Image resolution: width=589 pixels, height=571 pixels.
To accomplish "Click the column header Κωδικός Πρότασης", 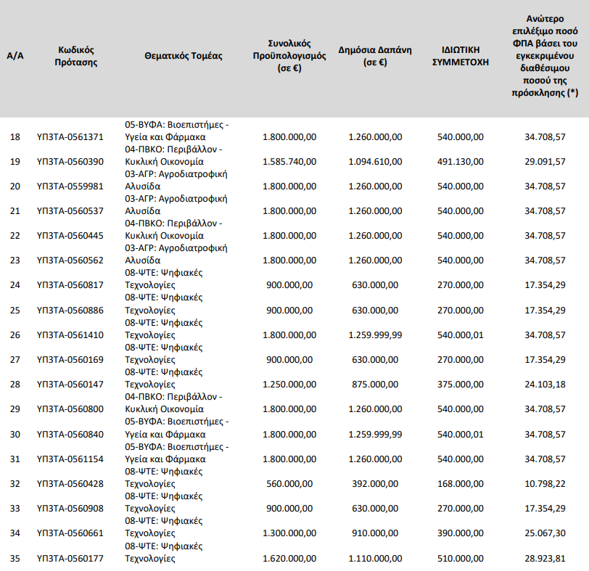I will click(x=76, y=56).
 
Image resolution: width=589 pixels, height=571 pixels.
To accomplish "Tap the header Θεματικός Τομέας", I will click(x=184, y=56).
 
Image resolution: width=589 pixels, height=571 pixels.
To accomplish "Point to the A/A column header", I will click(x=15, y=56).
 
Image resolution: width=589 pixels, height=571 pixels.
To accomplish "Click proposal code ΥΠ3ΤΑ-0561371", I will click(x=70, y=136).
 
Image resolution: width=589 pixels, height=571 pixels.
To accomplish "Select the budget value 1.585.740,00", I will click(x=289, y=161).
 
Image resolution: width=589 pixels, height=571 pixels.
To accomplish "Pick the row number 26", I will click(x=15, y=335).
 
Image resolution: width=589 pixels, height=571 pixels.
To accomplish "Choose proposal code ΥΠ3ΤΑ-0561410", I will click(x=70, y=335).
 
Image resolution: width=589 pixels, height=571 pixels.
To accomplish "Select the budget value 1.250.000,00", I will click(x=289, y=385).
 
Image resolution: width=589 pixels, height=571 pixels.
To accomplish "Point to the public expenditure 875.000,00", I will click(x=376, y=385).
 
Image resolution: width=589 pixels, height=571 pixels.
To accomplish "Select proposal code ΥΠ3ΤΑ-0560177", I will click(x=70, y=559).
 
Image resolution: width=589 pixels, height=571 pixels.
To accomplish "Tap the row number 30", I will click(x=15, y=435).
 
